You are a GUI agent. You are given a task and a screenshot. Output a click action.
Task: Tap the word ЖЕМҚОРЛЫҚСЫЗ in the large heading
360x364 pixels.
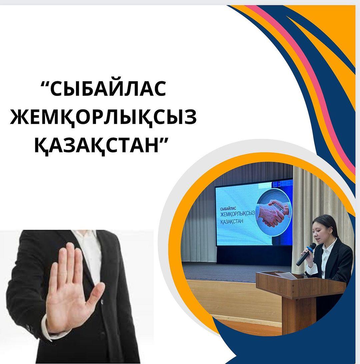click(103, 117)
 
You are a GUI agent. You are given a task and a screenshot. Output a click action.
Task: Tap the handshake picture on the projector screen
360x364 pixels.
click(273, 212)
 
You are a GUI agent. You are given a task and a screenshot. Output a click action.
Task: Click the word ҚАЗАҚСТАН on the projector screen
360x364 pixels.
click(232, 221)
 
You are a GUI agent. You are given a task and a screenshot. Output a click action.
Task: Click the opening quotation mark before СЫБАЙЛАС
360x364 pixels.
click(45, 83)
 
